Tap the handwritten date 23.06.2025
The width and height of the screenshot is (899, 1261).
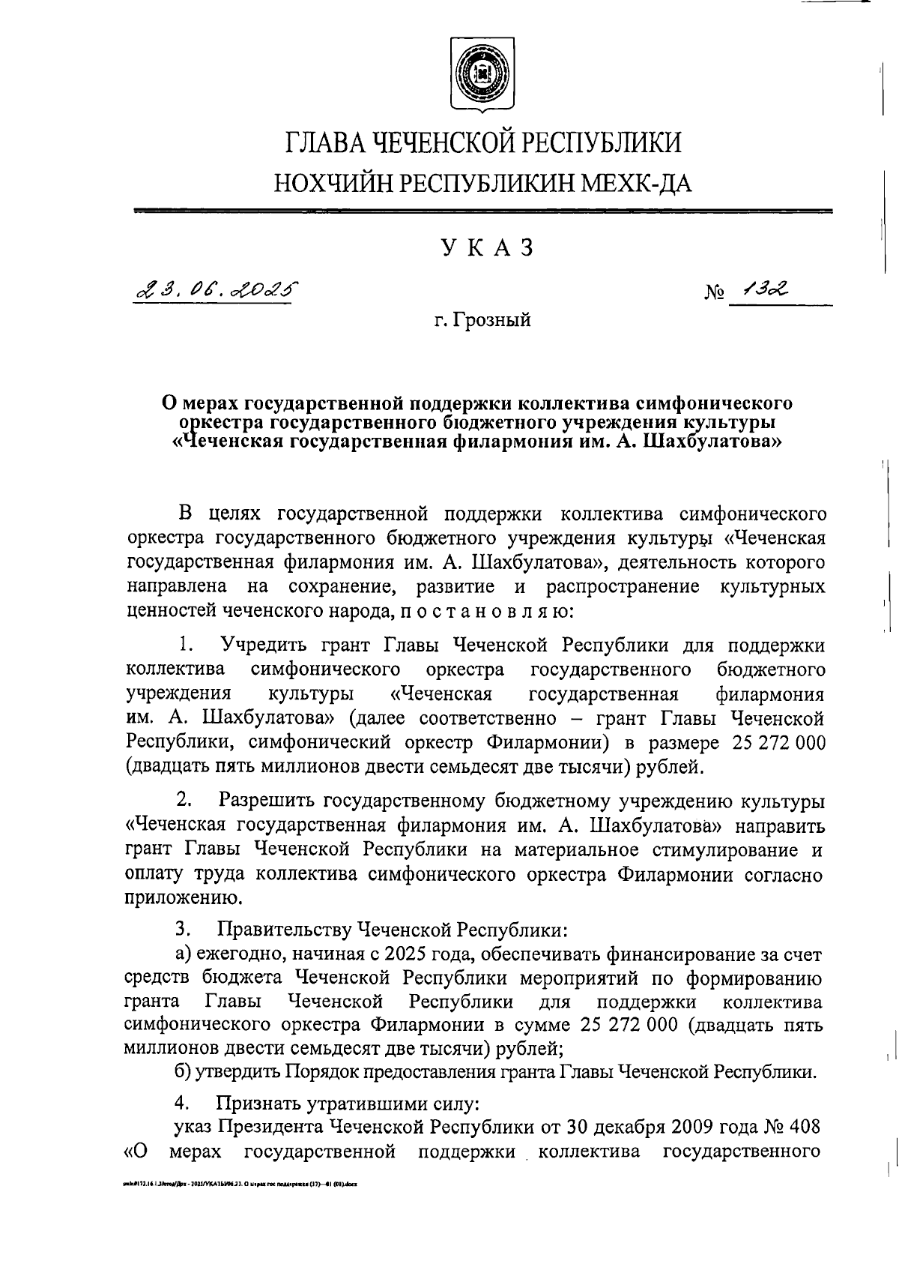point(215,289)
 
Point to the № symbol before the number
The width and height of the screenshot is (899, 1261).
point(715,293)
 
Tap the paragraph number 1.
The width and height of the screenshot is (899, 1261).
point(187,645)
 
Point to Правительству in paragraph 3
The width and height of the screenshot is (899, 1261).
point(284,930)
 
